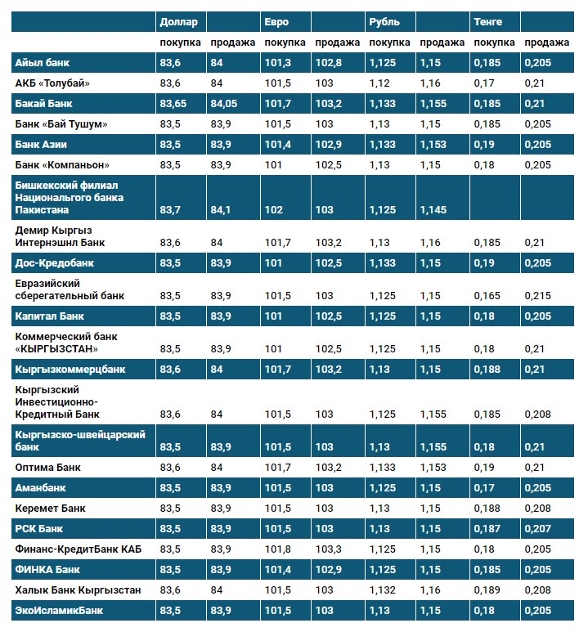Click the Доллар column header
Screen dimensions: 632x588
click(x=178, y=21)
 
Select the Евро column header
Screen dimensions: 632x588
click(x=276, y=21)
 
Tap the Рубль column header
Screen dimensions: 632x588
click(x=384, y=21)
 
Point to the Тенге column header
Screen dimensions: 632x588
click(x=488, y=21)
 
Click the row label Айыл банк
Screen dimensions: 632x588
click(x=42, y=62)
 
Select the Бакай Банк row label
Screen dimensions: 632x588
click(x=44, y=103)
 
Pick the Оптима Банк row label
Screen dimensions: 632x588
click(x=48, y=467)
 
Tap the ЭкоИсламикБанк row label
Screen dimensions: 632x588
click(x=59, y=610)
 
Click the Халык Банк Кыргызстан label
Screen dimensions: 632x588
click(x=79, y=589)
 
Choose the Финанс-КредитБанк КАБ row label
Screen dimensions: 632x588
click(x=79, y=549)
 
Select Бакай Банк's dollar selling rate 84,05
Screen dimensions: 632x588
click(x=224, y=103)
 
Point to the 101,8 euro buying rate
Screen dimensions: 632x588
click(x=278, y=549)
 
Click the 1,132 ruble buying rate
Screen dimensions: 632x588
click(x=383, y=589)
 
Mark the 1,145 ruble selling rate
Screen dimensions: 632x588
click(x=433, y=210)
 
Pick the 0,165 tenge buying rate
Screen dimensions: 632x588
click(x=487, y=295)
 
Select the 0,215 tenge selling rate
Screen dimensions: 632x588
click(x=537, y=295)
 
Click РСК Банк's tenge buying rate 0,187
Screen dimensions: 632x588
click(x=487, y=528)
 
